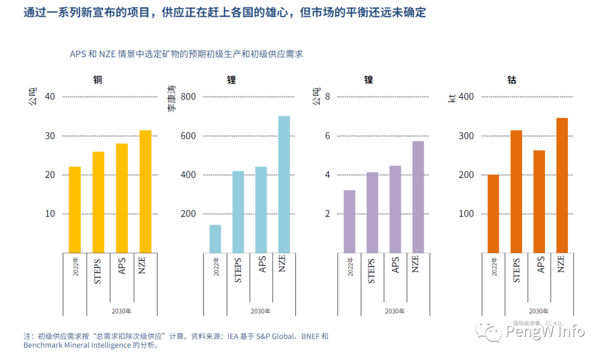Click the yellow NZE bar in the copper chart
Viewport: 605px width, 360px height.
point(145,191)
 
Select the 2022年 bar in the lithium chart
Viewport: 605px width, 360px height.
point(215,239)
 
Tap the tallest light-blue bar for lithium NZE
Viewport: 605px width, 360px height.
point(284,184)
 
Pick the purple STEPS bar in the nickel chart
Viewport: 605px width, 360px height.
point(373,212)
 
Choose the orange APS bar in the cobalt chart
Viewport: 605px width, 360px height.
point(539,201)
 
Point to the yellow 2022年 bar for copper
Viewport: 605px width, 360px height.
point(75,209)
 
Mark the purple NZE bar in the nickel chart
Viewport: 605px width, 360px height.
point(418,197)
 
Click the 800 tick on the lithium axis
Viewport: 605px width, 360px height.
point(188,97)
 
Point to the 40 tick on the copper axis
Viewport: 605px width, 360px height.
point(50,97)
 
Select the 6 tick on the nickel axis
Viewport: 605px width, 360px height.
point(328,136)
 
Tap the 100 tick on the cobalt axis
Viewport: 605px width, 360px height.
point(466,214)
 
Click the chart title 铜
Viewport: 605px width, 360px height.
point(97,80)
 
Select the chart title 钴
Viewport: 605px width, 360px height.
point(511,80)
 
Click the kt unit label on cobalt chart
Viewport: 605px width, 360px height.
point(452,99)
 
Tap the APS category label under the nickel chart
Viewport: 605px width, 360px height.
point(396,265)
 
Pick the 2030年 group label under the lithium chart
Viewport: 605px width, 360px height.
point(260,311)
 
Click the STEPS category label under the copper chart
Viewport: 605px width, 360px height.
point(98,270)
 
